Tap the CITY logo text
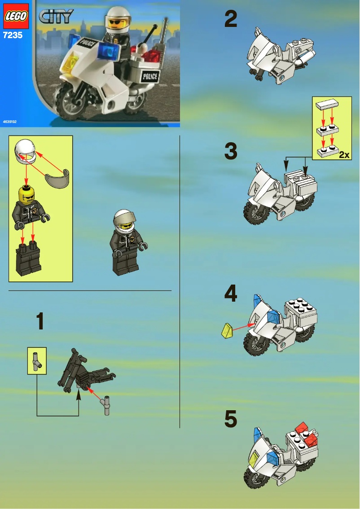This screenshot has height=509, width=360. point(56,17)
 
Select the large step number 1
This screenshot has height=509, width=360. point(40,322)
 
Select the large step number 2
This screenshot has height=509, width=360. point(231,19)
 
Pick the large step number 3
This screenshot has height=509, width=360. point(231,151)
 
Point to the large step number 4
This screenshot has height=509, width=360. point(231,294)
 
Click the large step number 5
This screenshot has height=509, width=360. point(231,419)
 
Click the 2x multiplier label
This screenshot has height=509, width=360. point(344,155)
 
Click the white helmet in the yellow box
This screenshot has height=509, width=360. point(26,151)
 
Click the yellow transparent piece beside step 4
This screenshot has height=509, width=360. point(227,331)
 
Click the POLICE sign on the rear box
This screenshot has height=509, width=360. point(149,77)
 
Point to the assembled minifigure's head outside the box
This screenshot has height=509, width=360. point(123,221)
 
